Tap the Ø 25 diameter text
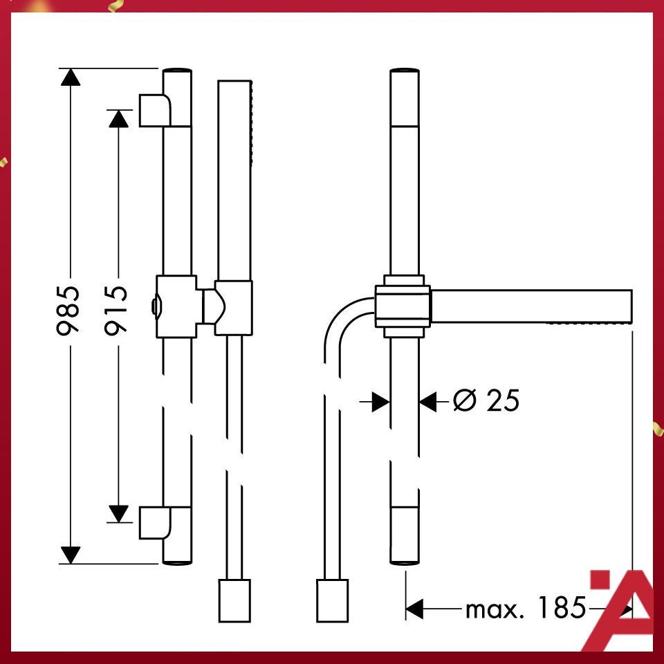[x=486, y=400]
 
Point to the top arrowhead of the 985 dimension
[x=70, y=76]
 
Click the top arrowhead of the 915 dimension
[x=119, y=118]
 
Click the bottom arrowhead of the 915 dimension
[x=119, y=513]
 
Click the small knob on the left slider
[x=154, y=306]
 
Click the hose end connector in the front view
[x=234, y=600]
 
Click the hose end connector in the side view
[x=332, y=600]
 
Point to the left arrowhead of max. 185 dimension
[x=414, y=609]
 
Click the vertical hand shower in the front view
[x=234, y=180]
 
